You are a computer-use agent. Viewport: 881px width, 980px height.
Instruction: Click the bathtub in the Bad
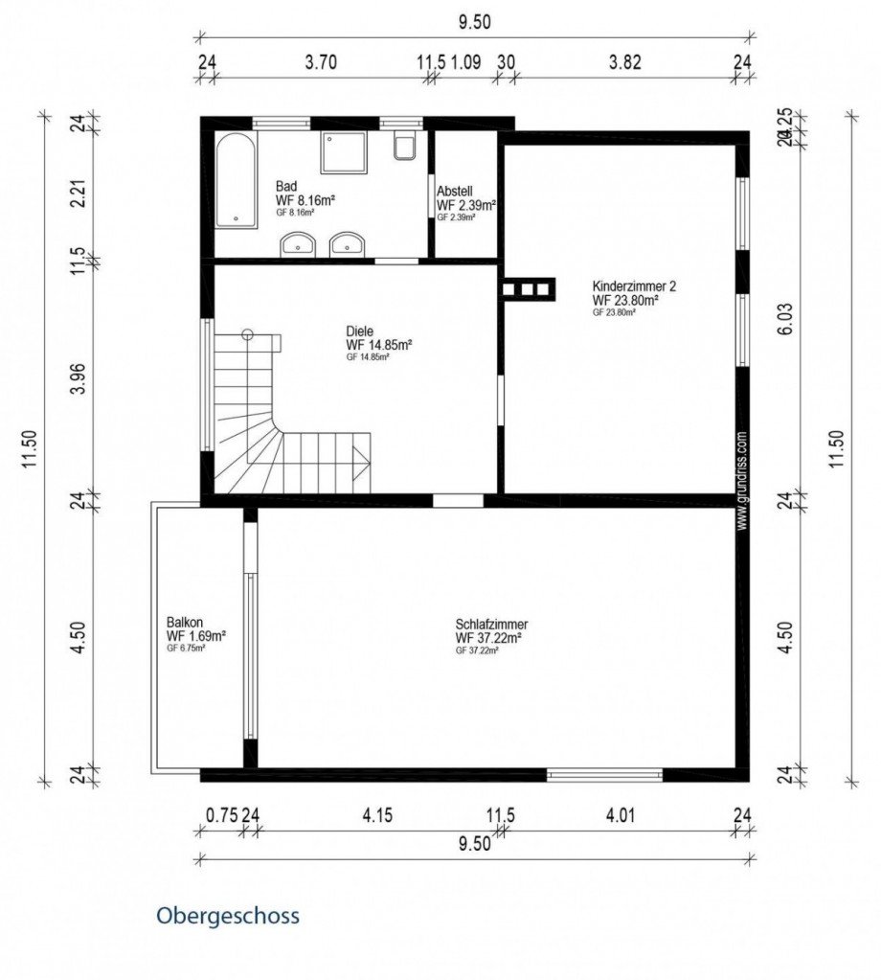(236, 179)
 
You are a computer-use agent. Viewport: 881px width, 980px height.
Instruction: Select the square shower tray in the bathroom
(344, 151)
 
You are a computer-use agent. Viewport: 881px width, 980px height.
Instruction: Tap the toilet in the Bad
(404, 147)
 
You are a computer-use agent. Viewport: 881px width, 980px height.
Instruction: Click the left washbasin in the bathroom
(299, 245)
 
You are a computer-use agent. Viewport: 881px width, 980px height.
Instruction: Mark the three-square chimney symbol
(526, 287)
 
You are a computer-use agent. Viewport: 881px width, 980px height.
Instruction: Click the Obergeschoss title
(228, 916)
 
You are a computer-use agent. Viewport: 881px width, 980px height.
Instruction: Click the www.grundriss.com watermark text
(741, 479)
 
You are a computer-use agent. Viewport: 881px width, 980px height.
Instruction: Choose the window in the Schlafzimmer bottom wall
(604, 774)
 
